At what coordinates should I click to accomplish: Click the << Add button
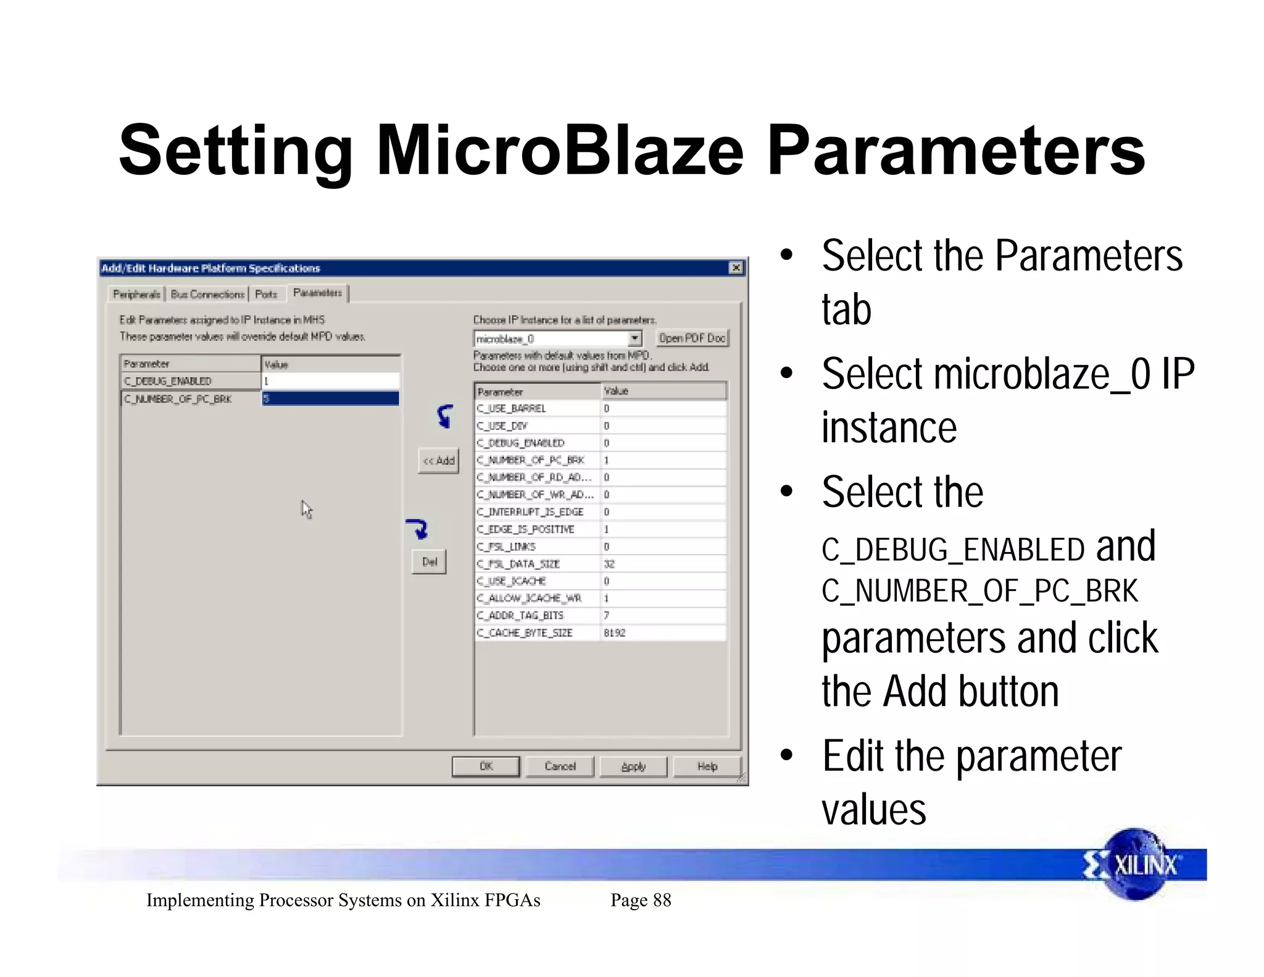(x=438, y=461)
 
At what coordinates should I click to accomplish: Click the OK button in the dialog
(x=486, y=766)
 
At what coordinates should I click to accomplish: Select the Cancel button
(x=559, y=766)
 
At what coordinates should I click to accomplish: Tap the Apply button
(x=633, y=766)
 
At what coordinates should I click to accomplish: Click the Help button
(x=707, y=766)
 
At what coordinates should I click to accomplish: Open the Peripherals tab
(x=136, y=294)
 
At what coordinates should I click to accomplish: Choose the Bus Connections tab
(x=207, y=294)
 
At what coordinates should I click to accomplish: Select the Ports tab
(x=266, y=294)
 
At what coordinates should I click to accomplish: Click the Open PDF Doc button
(x=691, y=338)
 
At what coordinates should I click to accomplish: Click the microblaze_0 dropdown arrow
(x=634, y=338)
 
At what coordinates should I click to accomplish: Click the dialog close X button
(x=736, y=267)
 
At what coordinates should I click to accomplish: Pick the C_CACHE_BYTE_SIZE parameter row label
(x=525, y=632)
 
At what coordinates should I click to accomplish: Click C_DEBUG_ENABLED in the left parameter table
(x=168, y=381)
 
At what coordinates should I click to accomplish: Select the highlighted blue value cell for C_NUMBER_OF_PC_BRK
(x=330, y=398)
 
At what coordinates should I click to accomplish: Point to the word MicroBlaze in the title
(x=560, y=150)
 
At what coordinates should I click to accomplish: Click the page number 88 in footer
(x=662, y=900)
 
